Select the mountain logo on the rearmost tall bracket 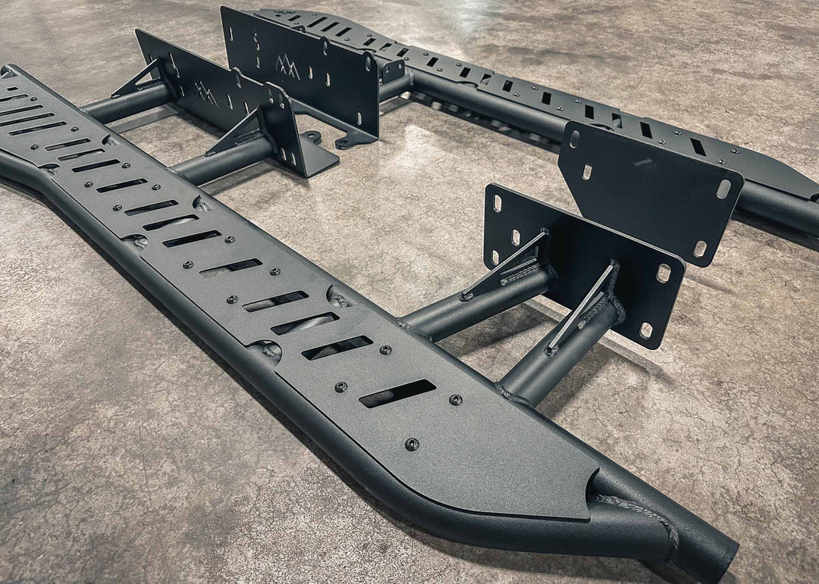(287, 68)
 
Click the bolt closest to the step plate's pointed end (411, 444)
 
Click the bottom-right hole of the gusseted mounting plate (646, 329)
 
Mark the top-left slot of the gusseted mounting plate (497, 203)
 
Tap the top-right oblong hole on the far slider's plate (723, 189)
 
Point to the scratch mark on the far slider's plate (643, 162)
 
